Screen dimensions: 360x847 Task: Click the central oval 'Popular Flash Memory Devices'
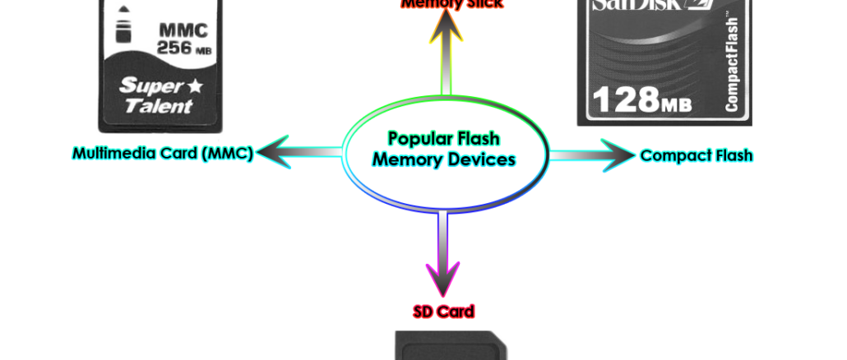(444, 150)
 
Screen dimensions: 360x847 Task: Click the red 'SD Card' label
(443, 312)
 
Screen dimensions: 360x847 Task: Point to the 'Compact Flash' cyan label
(697, 155)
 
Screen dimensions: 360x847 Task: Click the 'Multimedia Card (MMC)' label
(163, 153)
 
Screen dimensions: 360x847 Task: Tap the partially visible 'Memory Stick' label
(451, 4)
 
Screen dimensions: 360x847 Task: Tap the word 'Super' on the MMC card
(144, 85)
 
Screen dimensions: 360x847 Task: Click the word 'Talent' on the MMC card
(158, 106)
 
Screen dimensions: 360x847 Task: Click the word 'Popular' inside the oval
(443, 139)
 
